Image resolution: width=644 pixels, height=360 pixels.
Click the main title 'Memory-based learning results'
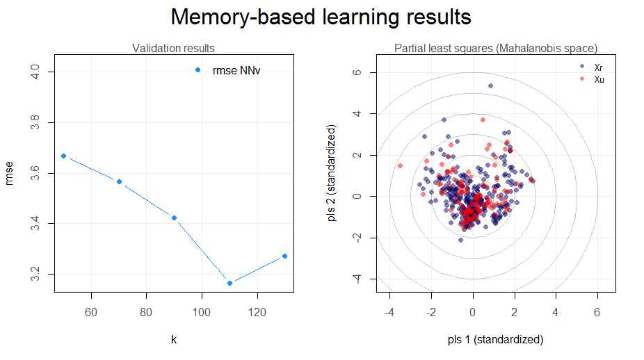[x=321, y=17]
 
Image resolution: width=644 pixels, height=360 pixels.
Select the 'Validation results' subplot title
[x=173, y=48]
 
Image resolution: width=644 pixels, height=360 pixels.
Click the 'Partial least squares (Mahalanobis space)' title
[x=496, y=48]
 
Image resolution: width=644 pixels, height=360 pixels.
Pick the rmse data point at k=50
[x=63, y=156]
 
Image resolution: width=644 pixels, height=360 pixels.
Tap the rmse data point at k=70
[x=119, y=181]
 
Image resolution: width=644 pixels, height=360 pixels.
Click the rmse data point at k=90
[x=174, y=218]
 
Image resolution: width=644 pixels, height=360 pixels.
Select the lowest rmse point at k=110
[x=230, y=283]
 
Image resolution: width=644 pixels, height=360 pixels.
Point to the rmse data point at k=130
[x=285, y=256]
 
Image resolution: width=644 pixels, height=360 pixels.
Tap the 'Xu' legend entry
[x=599, y=79]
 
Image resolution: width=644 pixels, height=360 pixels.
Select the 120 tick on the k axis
[x=257, y=313]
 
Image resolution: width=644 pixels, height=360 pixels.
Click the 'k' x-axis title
[x=173, y=340]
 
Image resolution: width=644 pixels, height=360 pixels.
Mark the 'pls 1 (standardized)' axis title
[x=496, y=340]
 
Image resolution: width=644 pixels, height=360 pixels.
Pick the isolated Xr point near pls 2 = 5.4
[x=490, y=85]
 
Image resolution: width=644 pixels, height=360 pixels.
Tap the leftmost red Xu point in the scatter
[x=400, y=166]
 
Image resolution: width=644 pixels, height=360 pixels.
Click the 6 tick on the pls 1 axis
[x=597, y=313]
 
